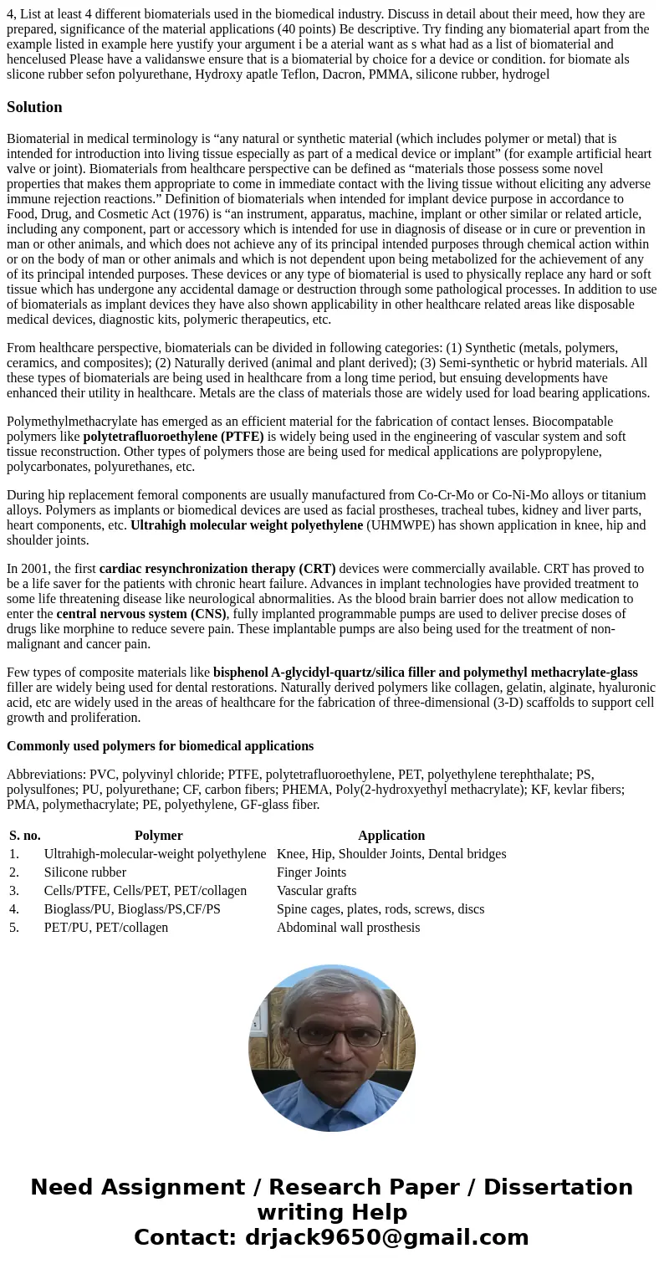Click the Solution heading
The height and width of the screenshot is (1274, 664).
pyautogui.click(x=34, y=107)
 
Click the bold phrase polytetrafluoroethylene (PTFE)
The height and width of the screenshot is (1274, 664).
pyautogui.click(x=173, y=437)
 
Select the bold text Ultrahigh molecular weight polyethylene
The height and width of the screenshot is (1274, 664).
pyautogui.click(x=246, y=525)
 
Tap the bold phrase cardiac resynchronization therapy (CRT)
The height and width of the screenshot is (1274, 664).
pyautogui.click(x=217, y=569)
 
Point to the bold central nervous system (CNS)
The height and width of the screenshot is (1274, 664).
pyautogui.click(x=140, y=614)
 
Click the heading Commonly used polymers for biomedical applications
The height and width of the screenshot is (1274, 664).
pyautogui.click(x=160, y=746)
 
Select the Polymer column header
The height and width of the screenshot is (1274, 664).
pyautogui.click(x=158, y=836)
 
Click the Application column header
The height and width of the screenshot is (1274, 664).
pyautogui.click(x=391, y=836)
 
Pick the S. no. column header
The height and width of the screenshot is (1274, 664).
pyautogui.click(x=25, y=836)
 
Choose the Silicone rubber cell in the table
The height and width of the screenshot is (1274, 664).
pyautogui.click(x=84, y=872)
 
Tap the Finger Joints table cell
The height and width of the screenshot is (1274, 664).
pyautogui.click(x=311, y=872)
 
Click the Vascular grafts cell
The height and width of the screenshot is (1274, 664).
pyautogui.click(x=316, y=891)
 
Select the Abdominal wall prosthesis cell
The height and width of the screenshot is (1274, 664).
pyautogui.click(x=348, y=928)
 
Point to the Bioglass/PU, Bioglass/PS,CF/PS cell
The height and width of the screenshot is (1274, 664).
pyautogui.click(x=132, y=909)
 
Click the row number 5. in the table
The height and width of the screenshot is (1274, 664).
pyautogui.click(x=14, y=928)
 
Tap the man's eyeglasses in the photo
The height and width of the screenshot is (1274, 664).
pyautogui.click(x=331, y=1037)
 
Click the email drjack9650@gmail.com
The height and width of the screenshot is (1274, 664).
pyautogui.click(x=386, y=1238)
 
